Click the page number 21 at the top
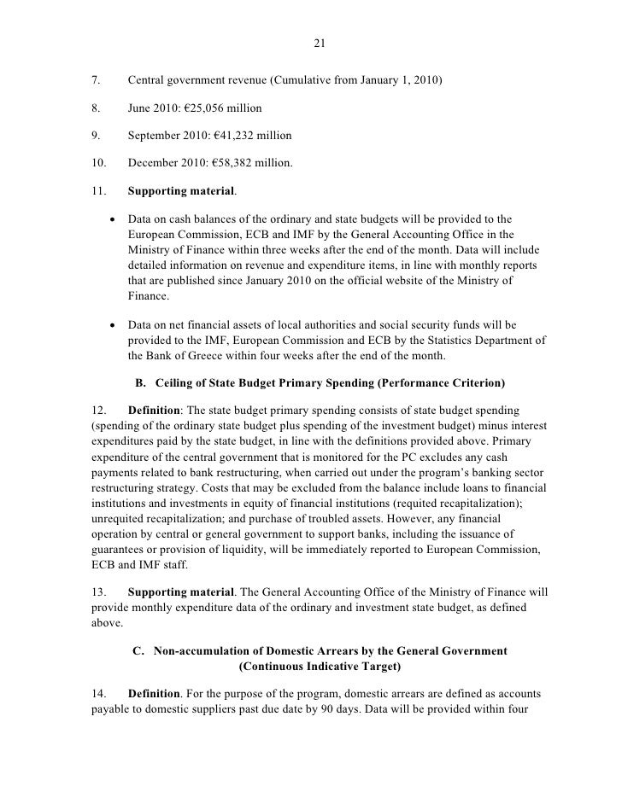tap(310, 45)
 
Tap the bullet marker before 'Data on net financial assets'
tap(112, 325)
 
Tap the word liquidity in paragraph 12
tap(265, 535)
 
